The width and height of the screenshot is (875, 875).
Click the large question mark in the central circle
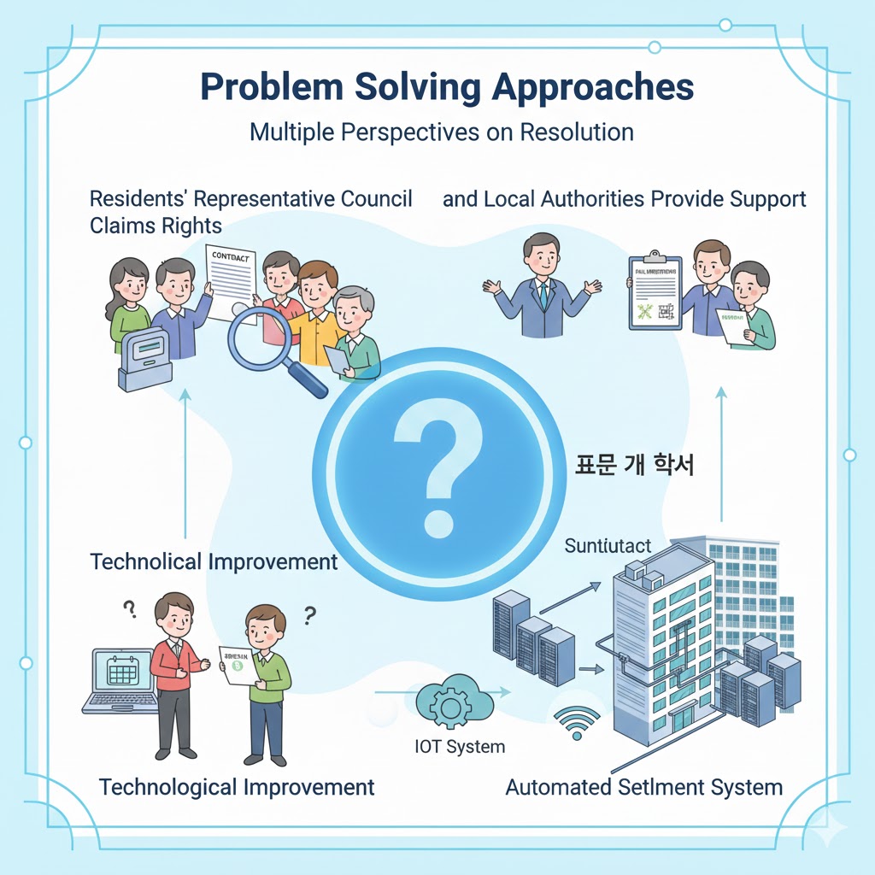(436, 453)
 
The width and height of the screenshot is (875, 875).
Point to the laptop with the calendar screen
(121, 679)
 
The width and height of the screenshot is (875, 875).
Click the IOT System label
(459, 746)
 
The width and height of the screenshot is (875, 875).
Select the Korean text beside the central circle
(633, 466)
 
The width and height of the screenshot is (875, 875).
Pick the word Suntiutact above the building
(608, 545)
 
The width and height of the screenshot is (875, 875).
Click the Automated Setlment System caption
(643, 787)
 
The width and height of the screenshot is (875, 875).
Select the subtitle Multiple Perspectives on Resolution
(441, 132)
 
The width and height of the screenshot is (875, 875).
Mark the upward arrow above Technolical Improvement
(185, 461)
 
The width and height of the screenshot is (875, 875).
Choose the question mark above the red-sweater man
(130, 609)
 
